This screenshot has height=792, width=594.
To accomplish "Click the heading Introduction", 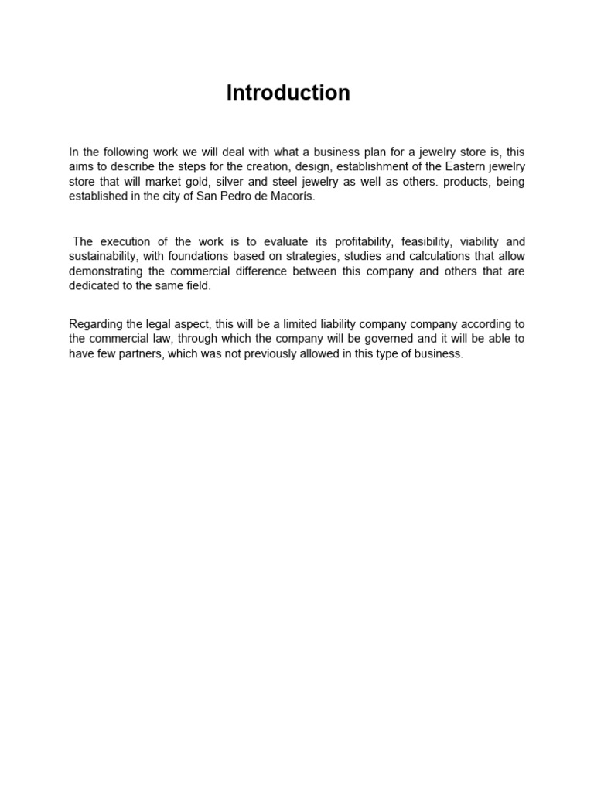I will tap(288, 93).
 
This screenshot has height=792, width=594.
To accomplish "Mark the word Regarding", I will tap(95, 324).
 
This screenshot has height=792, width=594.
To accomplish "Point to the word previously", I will tap(263, 353).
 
